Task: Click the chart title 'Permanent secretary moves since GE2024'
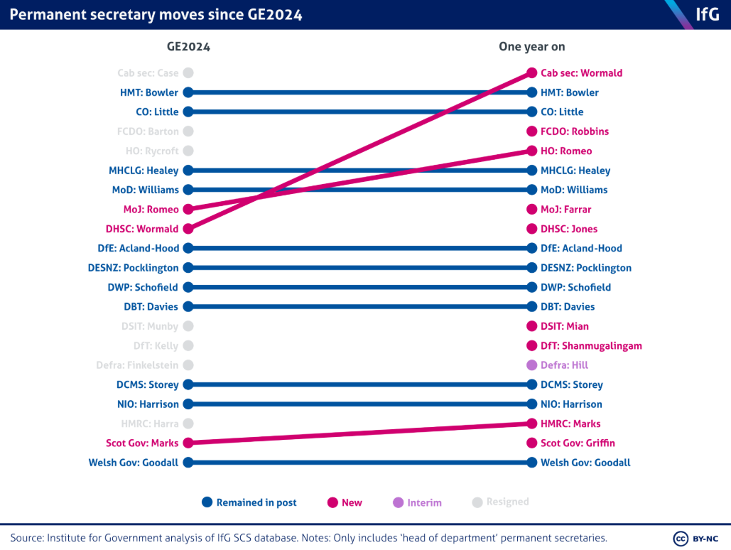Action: tap(156, 15)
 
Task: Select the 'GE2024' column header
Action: tap(188, 47)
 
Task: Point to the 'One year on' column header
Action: tap(531, 47)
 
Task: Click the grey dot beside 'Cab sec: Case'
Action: tap(188, 73)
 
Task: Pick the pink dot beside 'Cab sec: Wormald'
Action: tap(531, 73)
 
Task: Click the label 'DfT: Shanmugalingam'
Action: tap(591, 346)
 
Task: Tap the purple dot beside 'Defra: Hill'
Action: tap(531, 365)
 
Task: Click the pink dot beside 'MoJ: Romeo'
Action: tap(188, 210)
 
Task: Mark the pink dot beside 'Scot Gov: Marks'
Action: tap(188, 443)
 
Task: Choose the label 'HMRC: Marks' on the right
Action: tap(570, 424)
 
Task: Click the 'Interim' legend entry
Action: tap(418, 502)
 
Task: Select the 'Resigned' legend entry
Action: tap(501, 502)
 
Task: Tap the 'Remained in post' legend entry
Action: tap(249, 502)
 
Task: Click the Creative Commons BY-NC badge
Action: tap(697, 538)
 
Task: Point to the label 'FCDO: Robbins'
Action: tap(575, 131)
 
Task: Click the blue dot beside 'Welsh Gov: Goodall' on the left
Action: tap(188, 463)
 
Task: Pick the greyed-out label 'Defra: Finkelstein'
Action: tap(137, 365)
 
